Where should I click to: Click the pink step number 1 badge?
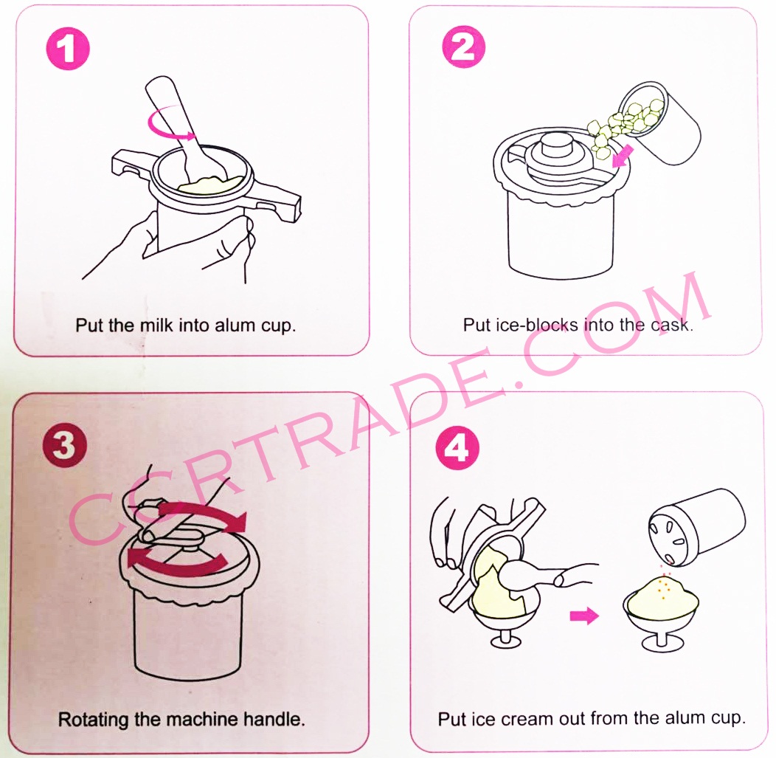(x=68, y=49)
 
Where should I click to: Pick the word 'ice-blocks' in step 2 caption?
(x=536, y=325)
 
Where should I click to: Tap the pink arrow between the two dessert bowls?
(x=584, y=616)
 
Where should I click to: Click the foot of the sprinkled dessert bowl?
(x=662, y=643)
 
